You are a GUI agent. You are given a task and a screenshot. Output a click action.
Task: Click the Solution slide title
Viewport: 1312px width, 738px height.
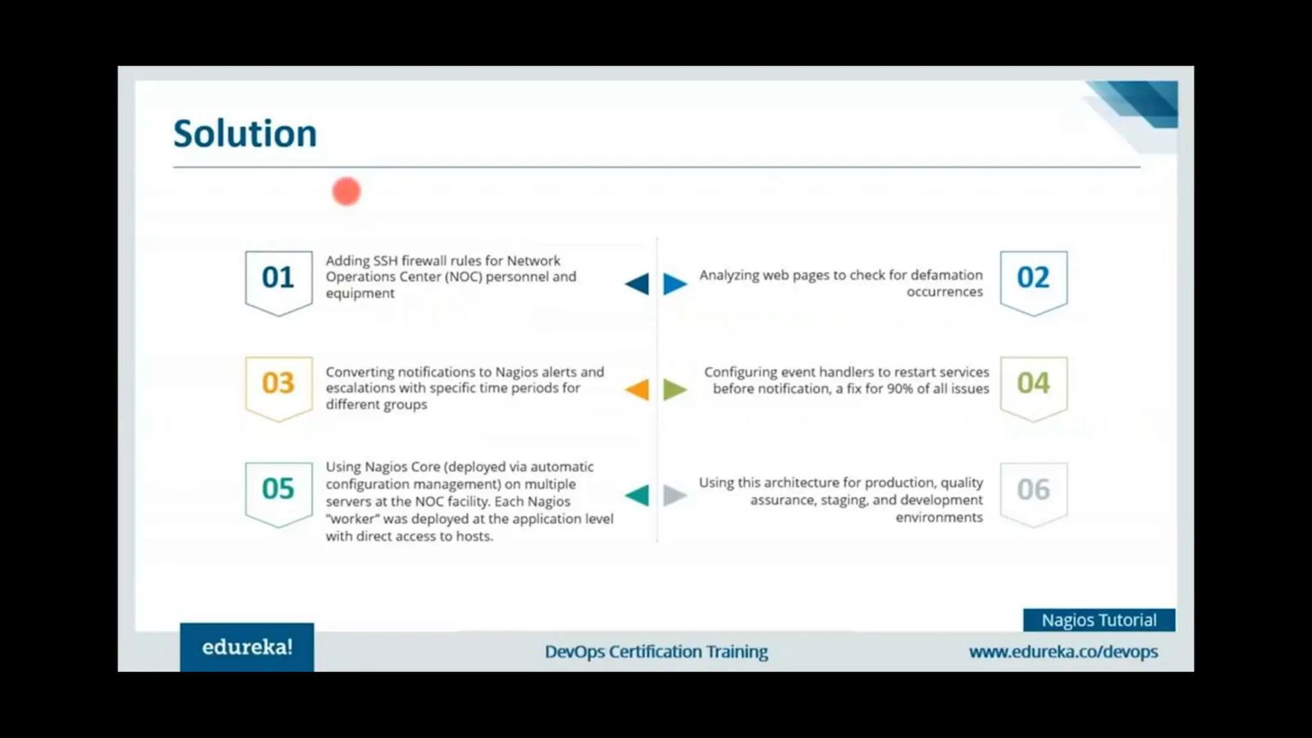tap(245, 133)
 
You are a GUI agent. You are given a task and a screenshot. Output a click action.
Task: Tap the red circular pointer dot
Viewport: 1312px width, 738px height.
tap(346, 192)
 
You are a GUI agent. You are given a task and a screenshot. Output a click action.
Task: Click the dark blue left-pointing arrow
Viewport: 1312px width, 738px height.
tap(638, 284)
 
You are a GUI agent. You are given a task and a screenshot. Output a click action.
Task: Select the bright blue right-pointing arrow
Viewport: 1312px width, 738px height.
tap(675, 284)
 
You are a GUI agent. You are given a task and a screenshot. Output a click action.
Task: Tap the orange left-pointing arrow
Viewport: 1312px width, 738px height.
tap(638, 389)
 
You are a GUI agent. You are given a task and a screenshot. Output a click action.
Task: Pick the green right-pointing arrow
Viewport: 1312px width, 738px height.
tap(675, 389)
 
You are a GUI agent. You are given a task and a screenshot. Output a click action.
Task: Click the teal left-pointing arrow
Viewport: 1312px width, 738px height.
tap(638, 495)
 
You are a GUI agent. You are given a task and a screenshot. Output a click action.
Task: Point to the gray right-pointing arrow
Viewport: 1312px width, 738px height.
tap(675, 495)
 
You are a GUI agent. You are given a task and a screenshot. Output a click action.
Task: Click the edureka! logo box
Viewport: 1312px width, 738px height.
tap(247, 647)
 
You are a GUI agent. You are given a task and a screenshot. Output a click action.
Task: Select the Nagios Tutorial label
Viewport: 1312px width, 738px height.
tap(1099, 620)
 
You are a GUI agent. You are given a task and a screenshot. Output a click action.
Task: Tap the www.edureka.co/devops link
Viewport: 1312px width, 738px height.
tap(1063, 652)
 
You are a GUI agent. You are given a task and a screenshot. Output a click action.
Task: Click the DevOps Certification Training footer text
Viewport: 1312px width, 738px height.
tap(656, 652)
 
